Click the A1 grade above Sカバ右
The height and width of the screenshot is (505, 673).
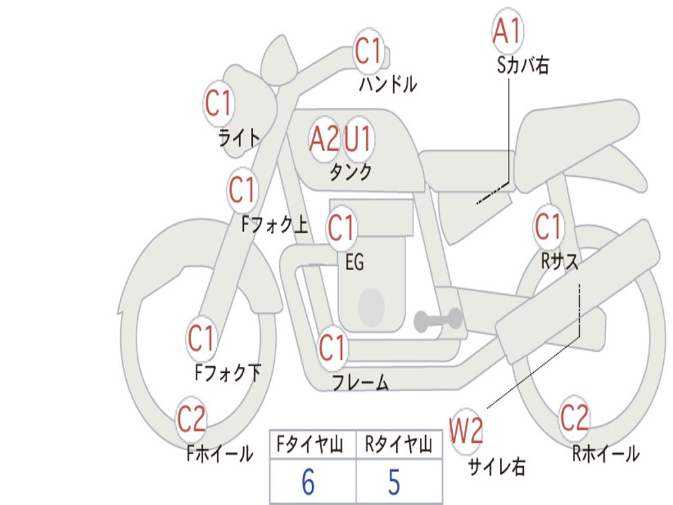click(507, 31)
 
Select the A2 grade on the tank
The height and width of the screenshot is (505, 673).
click(324, 139)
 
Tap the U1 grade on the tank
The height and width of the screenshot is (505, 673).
click(358, 139)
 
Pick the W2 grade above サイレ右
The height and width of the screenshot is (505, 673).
click(466, 431)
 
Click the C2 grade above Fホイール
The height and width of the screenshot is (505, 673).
click(191, 418)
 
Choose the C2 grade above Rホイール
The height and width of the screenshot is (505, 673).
click(574, 417)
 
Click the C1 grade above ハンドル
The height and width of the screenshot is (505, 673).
click(368, 50)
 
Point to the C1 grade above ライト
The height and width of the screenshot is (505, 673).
click(218, 103)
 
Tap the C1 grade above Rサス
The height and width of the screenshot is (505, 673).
click(547, 226)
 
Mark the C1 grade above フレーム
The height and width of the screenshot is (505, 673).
click(331, 347)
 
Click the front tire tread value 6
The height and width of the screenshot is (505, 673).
click(308, 481)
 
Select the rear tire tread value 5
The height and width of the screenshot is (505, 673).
click(394, 481)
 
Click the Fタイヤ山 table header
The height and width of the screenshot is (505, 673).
click(310, 444)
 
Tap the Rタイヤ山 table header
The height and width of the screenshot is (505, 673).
click(398, 444)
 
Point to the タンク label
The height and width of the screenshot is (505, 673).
click(351, 172)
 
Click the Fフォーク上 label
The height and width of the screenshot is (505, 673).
click(275, 224)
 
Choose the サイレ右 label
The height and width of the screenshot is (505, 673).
click(497, 466)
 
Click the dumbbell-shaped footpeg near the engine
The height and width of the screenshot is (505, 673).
click(438, 320)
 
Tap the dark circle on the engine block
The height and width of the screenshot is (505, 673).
click(371, 307)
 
